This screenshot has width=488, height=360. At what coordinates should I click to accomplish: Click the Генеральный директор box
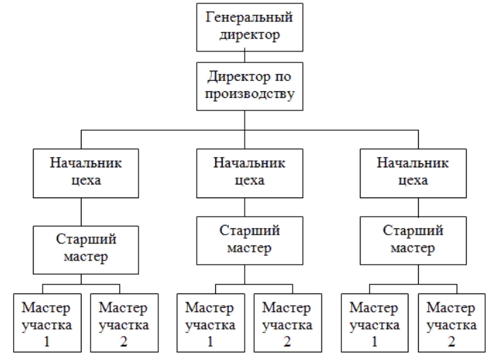point(249,27)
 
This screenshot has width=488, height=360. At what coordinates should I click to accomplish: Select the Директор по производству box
point(249,86)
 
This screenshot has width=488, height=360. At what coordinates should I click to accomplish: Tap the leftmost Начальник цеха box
point(86,173)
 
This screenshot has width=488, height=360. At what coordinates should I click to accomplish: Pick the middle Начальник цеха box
point(249,173)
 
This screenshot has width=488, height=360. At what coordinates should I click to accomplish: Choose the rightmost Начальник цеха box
point(413,173)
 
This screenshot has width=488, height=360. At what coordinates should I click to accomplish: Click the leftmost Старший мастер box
point(86,250)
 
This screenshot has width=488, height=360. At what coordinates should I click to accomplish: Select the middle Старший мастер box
point(249,241)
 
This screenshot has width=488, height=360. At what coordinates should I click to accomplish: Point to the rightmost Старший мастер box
point(413,241)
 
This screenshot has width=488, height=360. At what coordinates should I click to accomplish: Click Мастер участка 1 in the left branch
point(47,323)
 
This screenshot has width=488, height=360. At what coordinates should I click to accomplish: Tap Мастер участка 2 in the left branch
point(125,323)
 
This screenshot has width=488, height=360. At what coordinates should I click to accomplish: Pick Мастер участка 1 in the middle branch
point(210,323)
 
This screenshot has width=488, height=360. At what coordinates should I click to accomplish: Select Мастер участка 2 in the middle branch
point(288,323)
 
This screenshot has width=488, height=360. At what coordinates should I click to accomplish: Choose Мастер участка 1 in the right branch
point(375,323)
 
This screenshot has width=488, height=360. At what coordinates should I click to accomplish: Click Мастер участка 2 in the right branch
point(452,323)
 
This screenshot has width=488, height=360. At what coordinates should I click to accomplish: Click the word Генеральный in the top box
point(249,17)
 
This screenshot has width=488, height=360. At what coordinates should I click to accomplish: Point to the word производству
point(249,94)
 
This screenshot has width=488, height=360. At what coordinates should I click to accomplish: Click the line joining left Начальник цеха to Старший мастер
point(82,212)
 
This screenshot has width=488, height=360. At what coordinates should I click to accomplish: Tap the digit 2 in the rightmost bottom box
point(452,341)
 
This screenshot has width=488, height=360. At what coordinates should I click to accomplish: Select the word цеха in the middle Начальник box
point(249,180)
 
